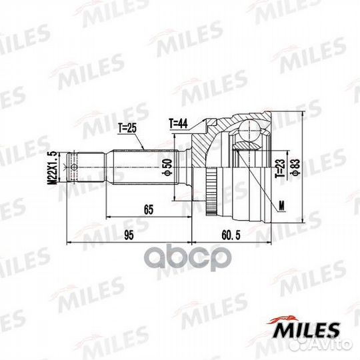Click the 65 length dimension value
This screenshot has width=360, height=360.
click(148, 209)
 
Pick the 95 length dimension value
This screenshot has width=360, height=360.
click(129, 233)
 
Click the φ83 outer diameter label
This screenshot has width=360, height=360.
click(294, 164)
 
